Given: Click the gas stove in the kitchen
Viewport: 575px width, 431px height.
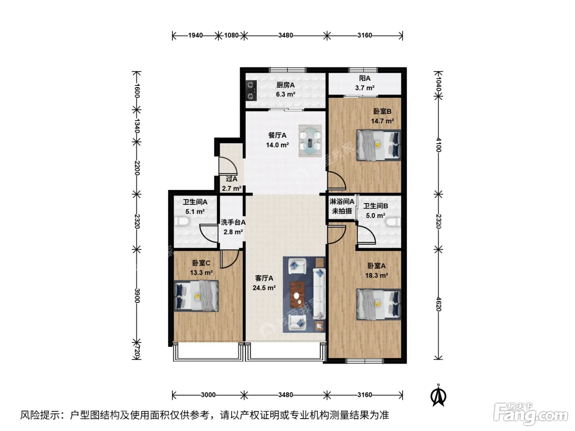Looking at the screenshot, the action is click(x=251, y=91).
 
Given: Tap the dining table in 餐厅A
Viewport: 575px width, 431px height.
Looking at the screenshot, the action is click(x=310, y=141).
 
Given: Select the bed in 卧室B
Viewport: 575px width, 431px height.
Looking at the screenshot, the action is click(x=379, y=145).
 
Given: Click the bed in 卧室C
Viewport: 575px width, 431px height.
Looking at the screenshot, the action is click(x=196, y=296).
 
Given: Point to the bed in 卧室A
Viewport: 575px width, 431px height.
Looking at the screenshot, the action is click(x=379, y=304).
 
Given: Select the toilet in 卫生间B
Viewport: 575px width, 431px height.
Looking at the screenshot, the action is click(x=394, y=222).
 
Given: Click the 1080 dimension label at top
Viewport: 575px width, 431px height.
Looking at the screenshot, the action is click(x=231, y=35).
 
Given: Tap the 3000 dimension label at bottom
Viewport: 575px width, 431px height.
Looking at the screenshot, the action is click(x=208, y=394).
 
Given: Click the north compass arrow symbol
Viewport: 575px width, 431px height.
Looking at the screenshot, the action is click(x=438, y=396).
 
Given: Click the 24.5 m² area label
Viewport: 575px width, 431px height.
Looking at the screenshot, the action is click(x=264, y=288).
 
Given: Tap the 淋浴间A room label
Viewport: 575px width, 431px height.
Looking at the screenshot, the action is click(x=342, y=202).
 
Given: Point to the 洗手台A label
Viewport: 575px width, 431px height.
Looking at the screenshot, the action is click(x=233, y=222).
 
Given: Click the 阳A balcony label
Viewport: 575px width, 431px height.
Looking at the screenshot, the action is click(x=365, y=78).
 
